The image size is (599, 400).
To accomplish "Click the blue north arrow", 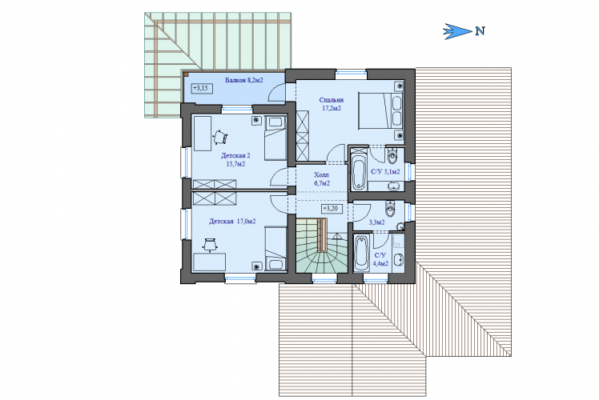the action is point(457,31).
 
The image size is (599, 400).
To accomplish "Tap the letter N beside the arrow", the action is point(480,31).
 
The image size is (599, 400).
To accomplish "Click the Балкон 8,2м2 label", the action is point(243,80).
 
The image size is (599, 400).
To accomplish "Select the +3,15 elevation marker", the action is point(202,89).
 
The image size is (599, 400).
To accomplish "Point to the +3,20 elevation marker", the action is point(332,209).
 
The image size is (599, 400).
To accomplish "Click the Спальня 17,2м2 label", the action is point(332,104).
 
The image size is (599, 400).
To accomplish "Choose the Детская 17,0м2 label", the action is point(232,222).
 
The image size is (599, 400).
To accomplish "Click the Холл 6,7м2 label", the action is point(322,179).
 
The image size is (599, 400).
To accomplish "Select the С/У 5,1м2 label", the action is point(385,172).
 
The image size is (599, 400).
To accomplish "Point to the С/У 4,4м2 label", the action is point(380,259).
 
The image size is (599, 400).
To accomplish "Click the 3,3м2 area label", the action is point(376,222).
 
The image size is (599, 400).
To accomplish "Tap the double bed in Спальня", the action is point(381,110).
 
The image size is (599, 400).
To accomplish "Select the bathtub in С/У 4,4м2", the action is point(361,253).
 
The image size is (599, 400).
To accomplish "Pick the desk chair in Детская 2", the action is point(220,137).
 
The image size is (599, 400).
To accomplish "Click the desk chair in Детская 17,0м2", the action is point(210,244).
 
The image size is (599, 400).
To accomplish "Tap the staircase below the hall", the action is point(322,244).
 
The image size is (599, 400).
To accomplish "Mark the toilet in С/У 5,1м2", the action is point(392,156).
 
